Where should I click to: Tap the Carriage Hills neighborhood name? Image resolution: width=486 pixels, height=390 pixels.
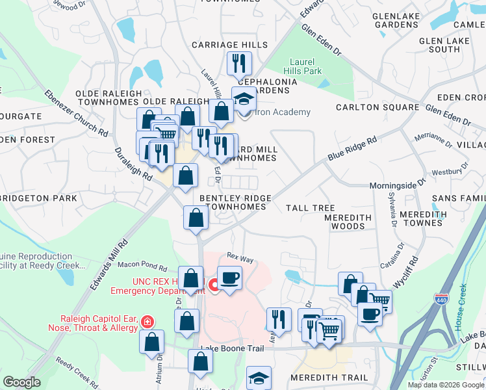coord(229,45)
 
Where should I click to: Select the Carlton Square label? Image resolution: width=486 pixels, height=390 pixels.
coord(377,107)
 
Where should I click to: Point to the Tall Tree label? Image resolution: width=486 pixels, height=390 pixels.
coord(311,208)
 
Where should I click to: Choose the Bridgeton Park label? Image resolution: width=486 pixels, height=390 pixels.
coord(39,198)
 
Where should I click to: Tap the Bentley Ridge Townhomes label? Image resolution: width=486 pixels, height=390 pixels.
coord(233,202)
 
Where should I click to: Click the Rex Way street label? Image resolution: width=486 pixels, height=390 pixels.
coord(240,259)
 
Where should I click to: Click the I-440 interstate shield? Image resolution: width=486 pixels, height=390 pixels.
coord(441,300)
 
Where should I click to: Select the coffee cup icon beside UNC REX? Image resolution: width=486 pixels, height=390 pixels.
coord(229,278)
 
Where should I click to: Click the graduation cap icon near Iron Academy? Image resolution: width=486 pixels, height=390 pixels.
coord(245,99)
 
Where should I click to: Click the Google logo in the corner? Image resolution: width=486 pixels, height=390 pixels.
coord(21,382)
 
